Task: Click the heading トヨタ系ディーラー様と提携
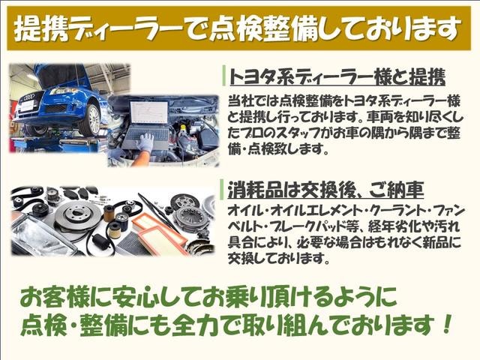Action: (x=337, y=76)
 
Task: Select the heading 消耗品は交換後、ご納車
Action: (x=326, y=190)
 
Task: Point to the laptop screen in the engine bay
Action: (x=149, y=112)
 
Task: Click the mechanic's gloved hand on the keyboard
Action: (x=145, y=142)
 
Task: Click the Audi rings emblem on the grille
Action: (x=30, y=97)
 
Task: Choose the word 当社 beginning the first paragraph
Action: (x=241, y=101)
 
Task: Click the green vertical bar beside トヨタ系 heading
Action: (x=223, y=76)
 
